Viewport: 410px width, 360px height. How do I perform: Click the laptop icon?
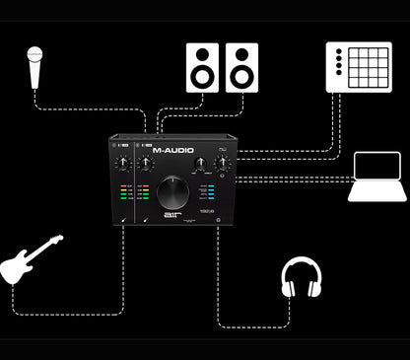pos(377,178)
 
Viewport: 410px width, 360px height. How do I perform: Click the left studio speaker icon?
pos(202,67)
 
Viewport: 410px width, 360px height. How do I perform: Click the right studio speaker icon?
pos(241,67)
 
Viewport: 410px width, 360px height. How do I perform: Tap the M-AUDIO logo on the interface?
pos(174,151)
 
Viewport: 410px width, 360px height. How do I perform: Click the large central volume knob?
pos(173,191)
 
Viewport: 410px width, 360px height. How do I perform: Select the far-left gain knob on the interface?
pos(122,164)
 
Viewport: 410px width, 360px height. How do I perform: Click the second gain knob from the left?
pos(146,164)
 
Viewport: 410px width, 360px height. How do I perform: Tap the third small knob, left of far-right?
pos(200,165)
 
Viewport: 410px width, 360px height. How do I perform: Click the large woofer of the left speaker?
pos(202,76)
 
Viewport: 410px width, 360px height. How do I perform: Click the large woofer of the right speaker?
pos(241,76)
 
